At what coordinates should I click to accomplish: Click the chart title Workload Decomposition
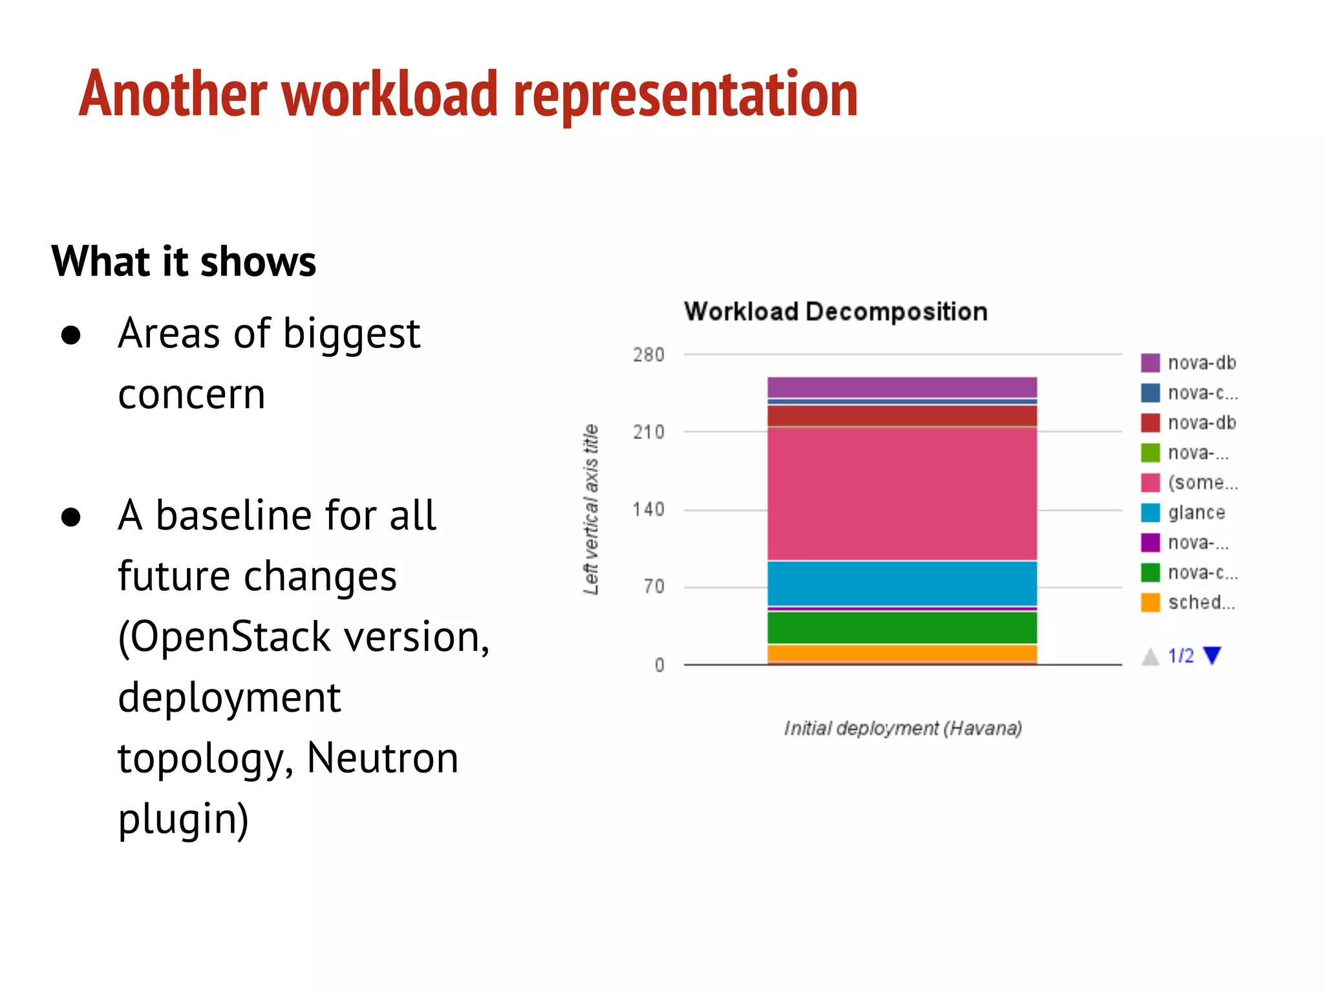coord(835,312)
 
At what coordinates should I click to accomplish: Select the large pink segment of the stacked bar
coord(902,494)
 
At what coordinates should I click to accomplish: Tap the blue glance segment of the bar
coord(902,583)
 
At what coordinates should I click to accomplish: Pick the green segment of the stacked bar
coord(902,627)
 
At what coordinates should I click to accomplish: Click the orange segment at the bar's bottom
coord(902,653)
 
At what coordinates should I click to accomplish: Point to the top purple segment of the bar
coord(902,387)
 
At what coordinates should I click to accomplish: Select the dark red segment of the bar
coord(902,416)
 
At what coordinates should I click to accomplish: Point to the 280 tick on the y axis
coord(648,355)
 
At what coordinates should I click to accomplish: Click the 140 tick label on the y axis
coord(648,510)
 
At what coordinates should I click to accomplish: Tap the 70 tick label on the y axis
coord(654,587)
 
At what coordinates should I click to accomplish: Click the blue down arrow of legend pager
coord(1212,656)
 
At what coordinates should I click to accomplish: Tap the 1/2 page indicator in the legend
coord(1180,656)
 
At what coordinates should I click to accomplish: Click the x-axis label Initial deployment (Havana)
coord(902,729)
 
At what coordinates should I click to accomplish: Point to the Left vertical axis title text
coord(591,509)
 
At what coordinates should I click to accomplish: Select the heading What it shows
coord(184,261)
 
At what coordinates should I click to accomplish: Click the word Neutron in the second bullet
coord(382,758)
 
